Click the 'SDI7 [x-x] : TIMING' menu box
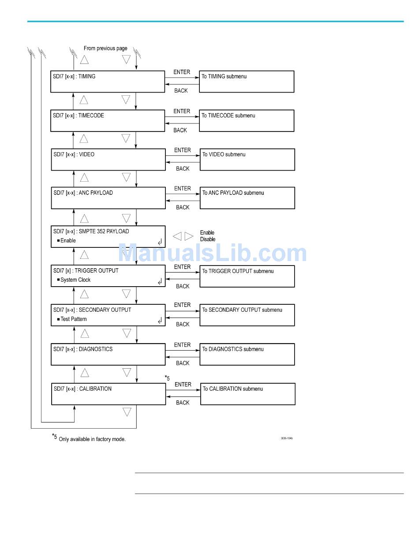pyautogui.click(x=108, y=82)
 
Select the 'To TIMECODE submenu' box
pyautogui.click(x=247, y=121)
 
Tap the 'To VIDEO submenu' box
pyautogui.click(x=247, y=160)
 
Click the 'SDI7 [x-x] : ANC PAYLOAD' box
pyautogui.click(x=108, y=198)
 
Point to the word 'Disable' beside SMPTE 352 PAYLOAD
pyautogui.click(x=208, y=239)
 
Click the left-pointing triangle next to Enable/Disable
pyautogui.click(x=177, y=236)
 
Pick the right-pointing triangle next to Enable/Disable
pyautogui.click(x=189, y=236)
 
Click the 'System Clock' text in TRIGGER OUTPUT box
pyautogui.click(x=75, y=280)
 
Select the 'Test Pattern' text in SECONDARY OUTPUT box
pyautogui.click(x=74, y=319)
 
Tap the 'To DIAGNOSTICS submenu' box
pyautogui.click(x=247, y=355)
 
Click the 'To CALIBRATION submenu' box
pyautogui.click(x=247, y=394)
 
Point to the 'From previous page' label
pyautogui.click(x=105, y=49)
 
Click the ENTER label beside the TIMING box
pyautogui.click(x=182, y=72)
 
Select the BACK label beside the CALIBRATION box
pyautogui.click(x=183, y=403)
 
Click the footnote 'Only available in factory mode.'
pyautogui.click(x=92, y=439)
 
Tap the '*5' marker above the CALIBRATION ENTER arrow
pyautogui.click(x=167, y=378)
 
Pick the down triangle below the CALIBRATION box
pyautogui.click(x=127, y=412)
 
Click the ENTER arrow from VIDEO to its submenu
pyautogui.click(x=183, y=156)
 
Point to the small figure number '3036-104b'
pyautogui.click(x=287, y=438)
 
